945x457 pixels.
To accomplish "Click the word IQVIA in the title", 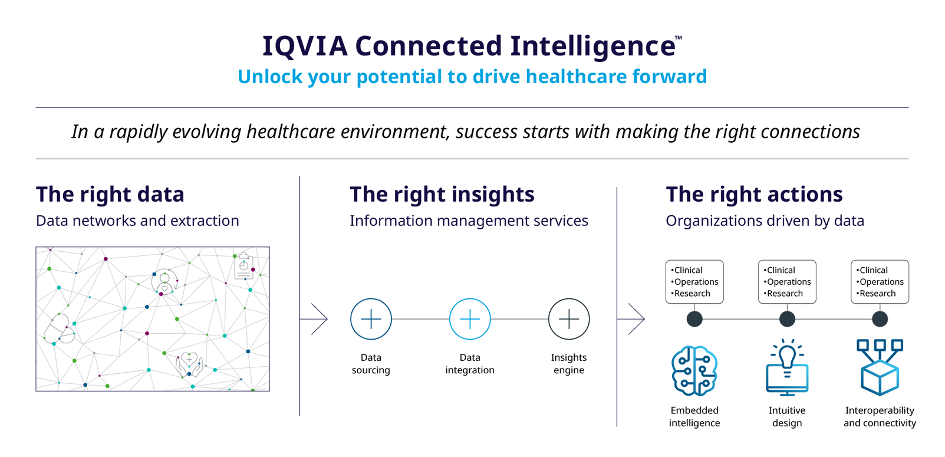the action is point(305,46).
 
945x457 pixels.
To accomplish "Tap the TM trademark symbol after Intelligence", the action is point(679,38).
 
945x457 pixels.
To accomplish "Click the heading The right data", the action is point(110,195).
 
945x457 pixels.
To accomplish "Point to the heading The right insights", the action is point(442,195).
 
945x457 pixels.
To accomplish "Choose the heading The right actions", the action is point(755,195).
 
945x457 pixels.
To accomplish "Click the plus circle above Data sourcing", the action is point(371,319).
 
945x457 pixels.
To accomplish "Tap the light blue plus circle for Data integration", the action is point(470,319).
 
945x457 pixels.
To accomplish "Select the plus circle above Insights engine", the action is point(569,319).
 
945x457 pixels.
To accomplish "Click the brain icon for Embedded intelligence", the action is point(694,370).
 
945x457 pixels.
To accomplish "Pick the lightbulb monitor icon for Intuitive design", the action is point(787,367).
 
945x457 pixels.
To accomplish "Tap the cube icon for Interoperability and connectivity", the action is point(880,367).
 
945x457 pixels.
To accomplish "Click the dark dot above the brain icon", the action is point(694,319).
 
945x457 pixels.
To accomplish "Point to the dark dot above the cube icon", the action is point(880,319).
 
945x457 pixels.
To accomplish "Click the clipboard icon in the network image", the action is point(244,266).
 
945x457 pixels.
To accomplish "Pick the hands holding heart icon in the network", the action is point(189,364).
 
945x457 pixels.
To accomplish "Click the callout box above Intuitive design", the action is point(787,282).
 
